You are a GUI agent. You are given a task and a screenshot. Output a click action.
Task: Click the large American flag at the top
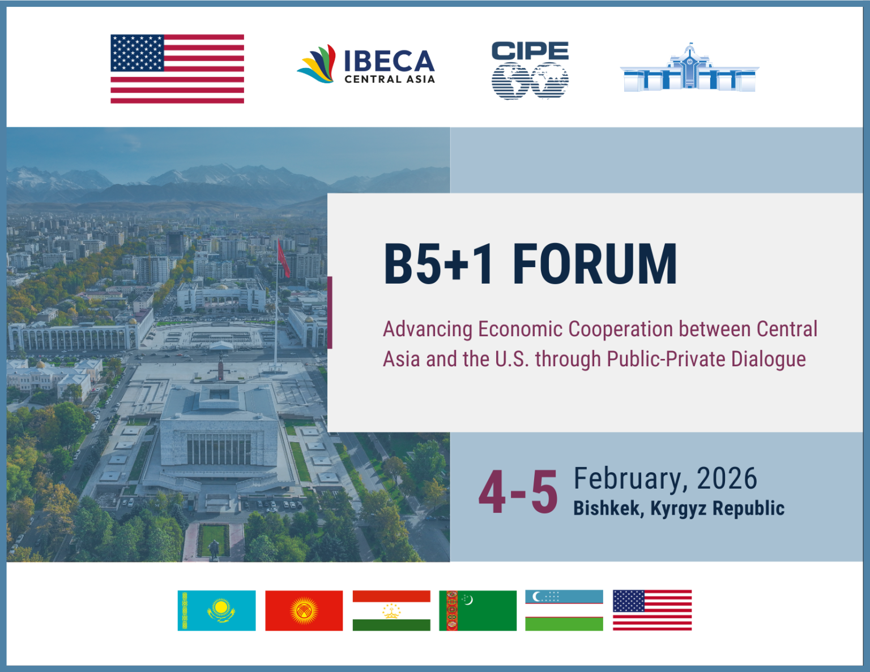[177, 69]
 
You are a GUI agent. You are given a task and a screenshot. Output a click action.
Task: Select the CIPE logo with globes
[530, 70]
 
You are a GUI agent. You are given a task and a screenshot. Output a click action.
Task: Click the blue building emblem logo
[689, 69]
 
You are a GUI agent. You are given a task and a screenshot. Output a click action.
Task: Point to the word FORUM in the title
[595, 264]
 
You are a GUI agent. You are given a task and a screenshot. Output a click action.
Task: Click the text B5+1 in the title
[440, 264]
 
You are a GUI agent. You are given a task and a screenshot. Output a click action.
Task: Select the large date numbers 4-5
[518, 493]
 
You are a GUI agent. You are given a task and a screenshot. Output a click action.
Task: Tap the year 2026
[727, 479]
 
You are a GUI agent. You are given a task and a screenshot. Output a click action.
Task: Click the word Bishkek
[607, 508]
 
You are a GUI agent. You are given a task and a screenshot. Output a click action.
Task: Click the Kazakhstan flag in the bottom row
[216, 610]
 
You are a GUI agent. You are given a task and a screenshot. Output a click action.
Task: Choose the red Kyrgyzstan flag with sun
[304, 610]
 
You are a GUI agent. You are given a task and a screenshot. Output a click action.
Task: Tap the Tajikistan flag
[391, 610]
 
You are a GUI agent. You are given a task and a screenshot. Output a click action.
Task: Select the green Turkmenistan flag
[478, 610]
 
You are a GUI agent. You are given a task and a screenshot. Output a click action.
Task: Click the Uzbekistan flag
[564, 610]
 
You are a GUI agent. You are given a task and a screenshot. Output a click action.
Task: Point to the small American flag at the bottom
[652, 610]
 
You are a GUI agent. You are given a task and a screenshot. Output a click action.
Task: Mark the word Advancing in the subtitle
[428, 329]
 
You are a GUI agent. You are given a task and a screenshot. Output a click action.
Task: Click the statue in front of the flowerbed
[214, 549]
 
